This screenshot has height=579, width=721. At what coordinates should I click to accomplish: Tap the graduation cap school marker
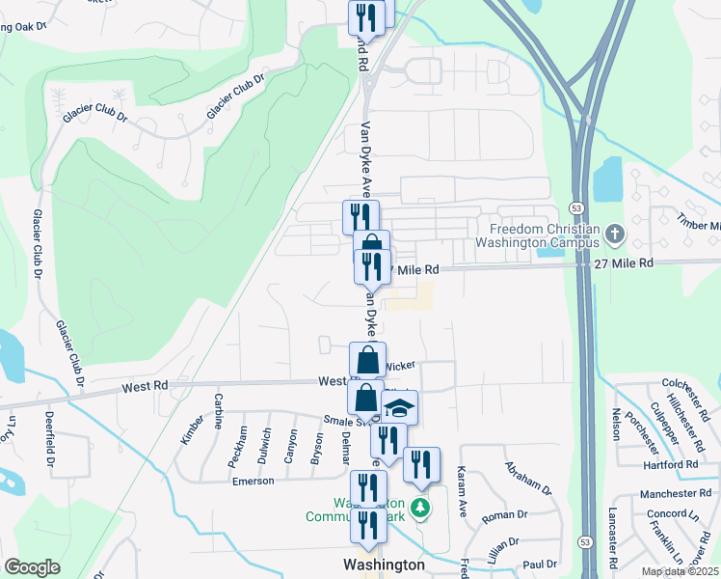point(399,409)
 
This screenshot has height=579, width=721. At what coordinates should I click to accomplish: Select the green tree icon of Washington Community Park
point(419,508)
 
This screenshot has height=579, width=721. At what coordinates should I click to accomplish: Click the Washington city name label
point(385,565)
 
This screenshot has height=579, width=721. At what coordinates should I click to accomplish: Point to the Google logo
point(32,567)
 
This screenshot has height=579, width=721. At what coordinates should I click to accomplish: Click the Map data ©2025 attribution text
point(680,571)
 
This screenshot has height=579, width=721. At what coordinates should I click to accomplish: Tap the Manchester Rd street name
point(680,493)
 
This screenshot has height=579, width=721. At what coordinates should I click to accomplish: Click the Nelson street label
point(615,423)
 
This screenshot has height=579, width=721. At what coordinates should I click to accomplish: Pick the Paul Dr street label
point(540,564)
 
